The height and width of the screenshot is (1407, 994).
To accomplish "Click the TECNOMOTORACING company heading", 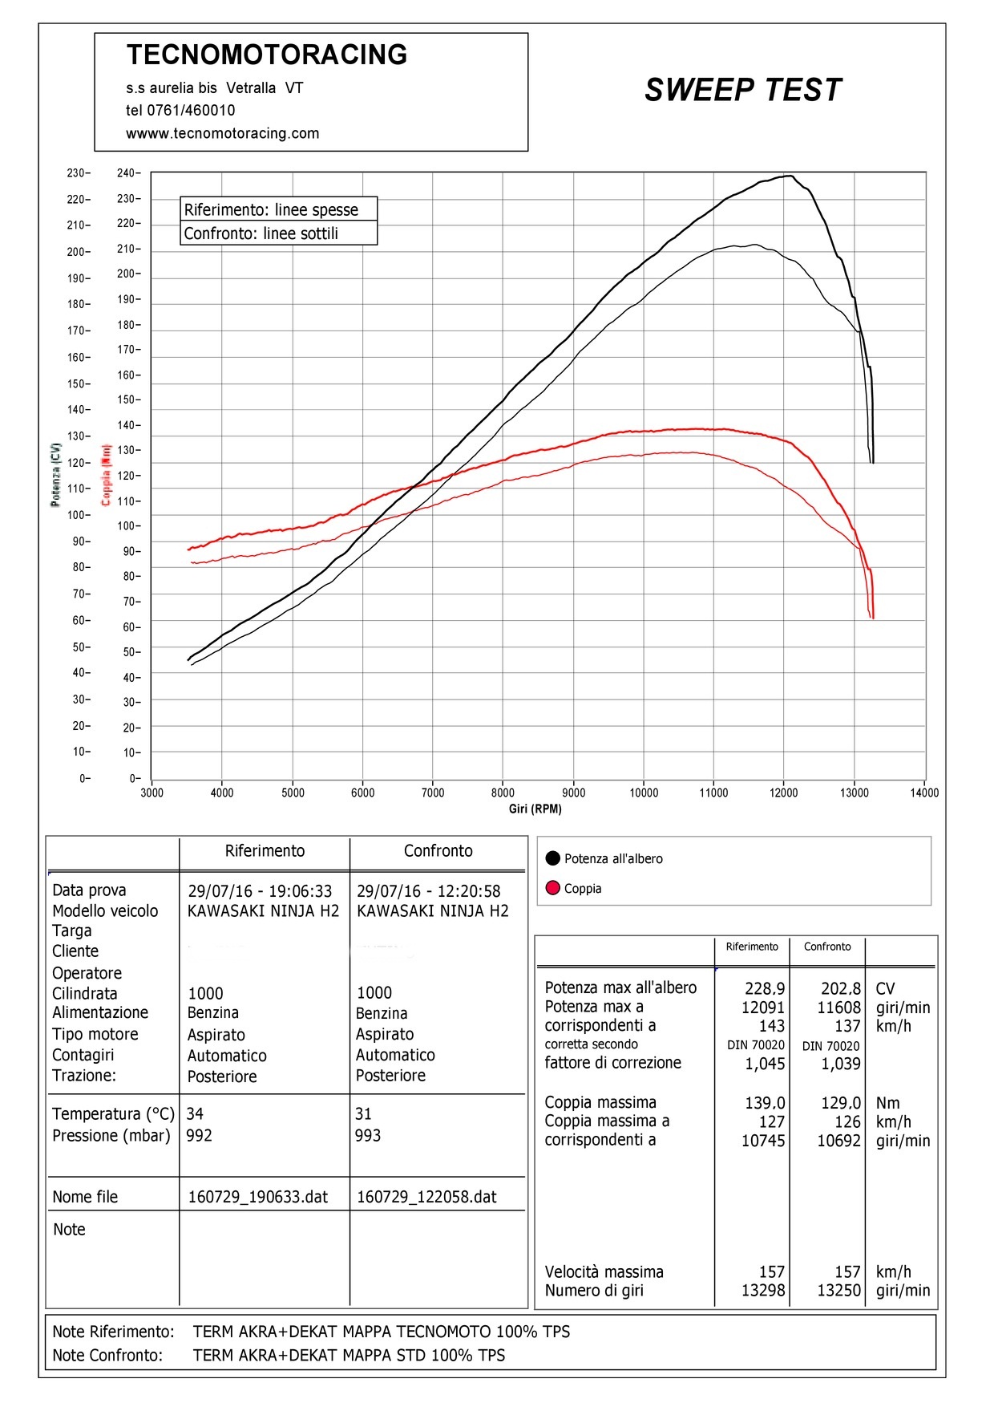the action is point(267,55).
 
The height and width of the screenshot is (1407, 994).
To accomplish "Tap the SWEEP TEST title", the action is point(743,90).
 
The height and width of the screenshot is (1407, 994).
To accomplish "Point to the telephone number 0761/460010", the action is point(191,111).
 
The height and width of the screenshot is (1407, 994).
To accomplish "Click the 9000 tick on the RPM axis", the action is point(573,793).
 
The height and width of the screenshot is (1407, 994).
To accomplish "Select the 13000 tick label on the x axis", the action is point(855,793).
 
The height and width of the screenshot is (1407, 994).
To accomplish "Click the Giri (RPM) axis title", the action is point(535,809).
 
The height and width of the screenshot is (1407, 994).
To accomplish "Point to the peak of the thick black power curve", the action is point(790,176).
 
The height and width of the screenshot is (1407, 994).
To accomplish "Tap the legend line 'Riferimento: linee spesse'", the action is point(271,210).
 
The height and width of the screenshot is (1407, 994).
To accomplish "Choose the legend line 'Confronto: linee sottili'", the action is point(261,233).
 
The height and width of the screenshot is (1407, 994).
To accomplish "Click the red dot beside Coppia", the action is point(552,888).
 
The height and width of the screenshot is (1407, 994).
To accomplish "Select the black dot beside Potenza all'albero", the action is point(552,858).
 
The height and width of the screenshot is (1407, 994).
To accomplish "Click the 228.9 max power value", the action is point(765,988).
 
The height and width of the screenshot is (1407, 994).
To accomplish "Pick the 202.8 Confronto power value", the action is point(841,988).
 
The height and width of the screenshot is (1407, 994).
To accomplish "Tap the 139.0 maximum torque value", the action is point(765,1103).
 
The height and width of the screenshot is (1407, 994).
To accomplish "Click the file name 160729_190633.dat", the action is point(258,1197).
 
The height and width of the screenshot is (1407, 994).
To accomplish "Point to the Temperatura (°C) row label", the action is point(113,1114).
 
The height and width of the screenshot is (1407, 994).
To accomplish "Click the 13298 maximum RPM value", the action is point(763,1291).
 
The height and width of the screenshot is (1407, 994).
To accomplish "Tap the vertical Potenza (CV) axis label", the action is point(55,474).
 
